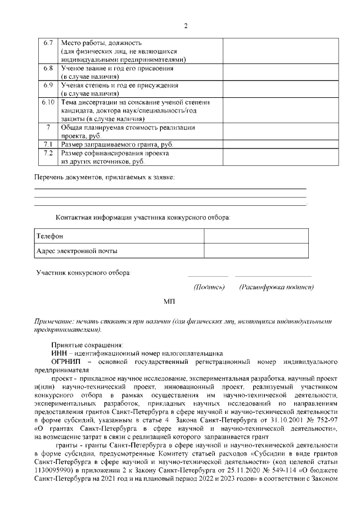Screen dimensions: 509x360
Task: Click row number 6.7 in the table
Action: coord(48,43)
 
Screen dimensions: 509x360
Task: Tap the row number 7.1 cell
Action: coord(48,145)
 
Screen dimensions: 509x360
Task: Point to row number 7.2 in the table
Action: coord(48,153)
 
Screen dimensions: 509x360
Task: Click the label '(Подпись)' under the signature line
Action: coord(209,287)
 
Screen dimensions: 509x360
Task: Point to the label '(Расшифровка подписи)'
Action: coord(276,287)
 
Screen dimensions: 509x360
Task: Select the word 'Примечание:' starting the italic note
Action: coord(56,320)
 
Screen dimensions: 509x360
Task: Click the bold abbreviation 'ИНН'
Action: coord(59,353)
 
